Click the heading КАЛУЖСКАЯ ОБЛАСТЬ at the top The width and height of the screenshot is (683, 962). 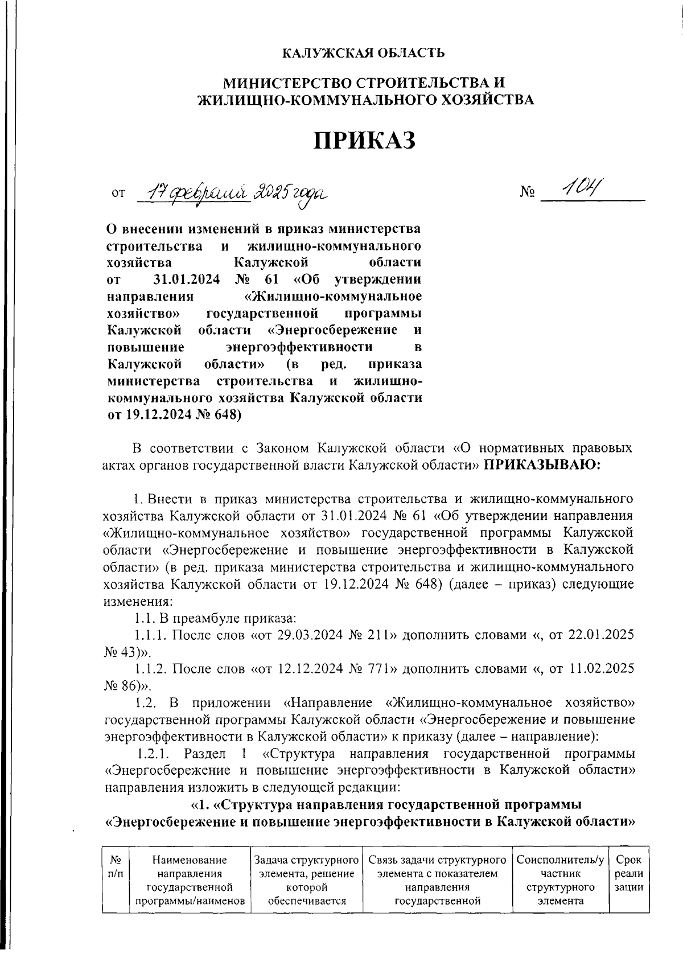coord(364,54)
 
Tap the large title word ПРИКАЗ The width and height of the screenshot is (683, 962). coord(365,140)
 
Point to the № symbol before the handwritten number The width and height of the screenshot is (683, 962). coord(528,194)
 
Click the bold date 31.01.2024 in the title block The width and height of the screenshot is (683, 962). coord(188,279)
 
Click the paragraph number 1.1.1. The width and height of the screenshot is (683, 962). coord(151,635)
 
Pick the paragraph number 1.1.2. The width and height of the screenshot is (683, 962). coord(151,669)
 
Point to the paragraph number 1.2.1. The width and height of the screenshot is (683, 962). coord(155,754)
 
